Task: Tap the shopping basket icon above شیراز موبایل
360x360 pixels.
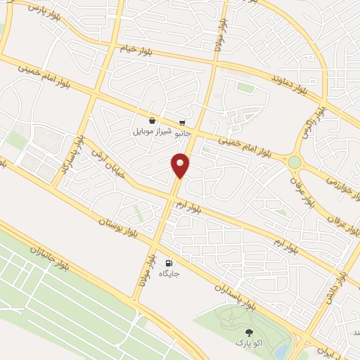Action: (152, 120)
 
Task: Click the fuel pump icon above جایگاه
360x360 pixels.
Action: (167, 262)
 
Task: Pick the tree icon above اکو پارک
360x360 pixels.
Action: (247, 333)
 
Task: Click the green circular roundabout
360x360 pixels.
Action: (294, 162)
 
